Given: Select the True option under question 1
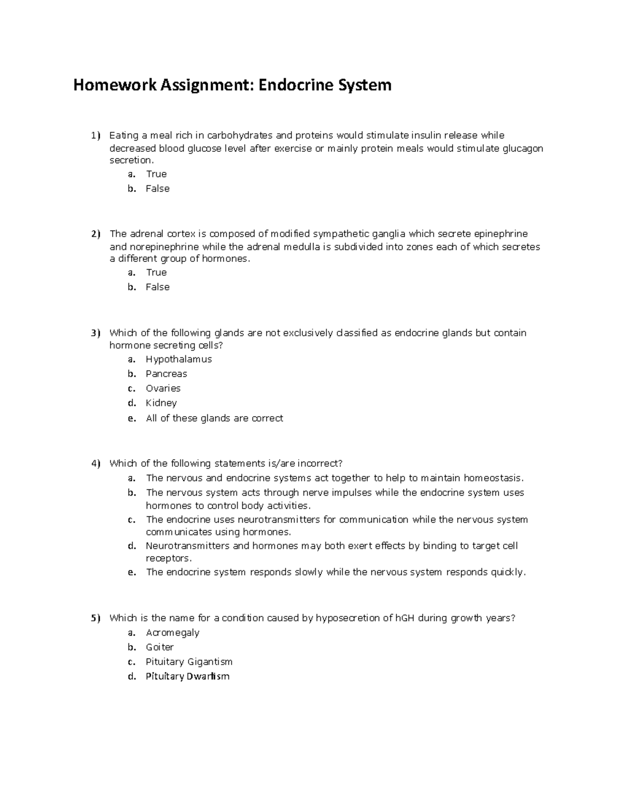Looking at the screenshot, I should [x=156, y=174].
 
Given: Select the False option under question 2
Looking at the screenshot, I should [x=158, y=287].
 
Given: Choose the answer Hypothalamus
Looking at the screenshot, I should [x=179, y=359].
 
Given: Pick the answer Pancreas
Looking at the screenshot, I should [x=166, y=373].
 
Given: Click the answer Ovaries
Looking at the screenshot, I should [x=163, y=388].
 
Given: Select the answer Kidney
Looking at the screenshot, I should [x=161, y=403].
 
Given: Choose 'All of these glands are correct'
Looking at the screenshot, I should [x=214, y=418].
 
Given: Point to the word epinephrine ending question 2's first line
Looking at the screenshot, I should [x=501, y=234].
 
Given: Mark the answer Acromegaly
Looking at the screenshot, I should [x=173, y=633].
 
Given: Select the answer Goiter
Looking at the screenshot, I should [x=160, y=647].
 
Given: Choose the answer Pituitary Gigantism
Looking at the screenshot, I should [x=189, y=662].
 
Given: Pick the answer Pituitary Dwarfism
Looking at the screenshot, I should [x=188, y=677].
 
